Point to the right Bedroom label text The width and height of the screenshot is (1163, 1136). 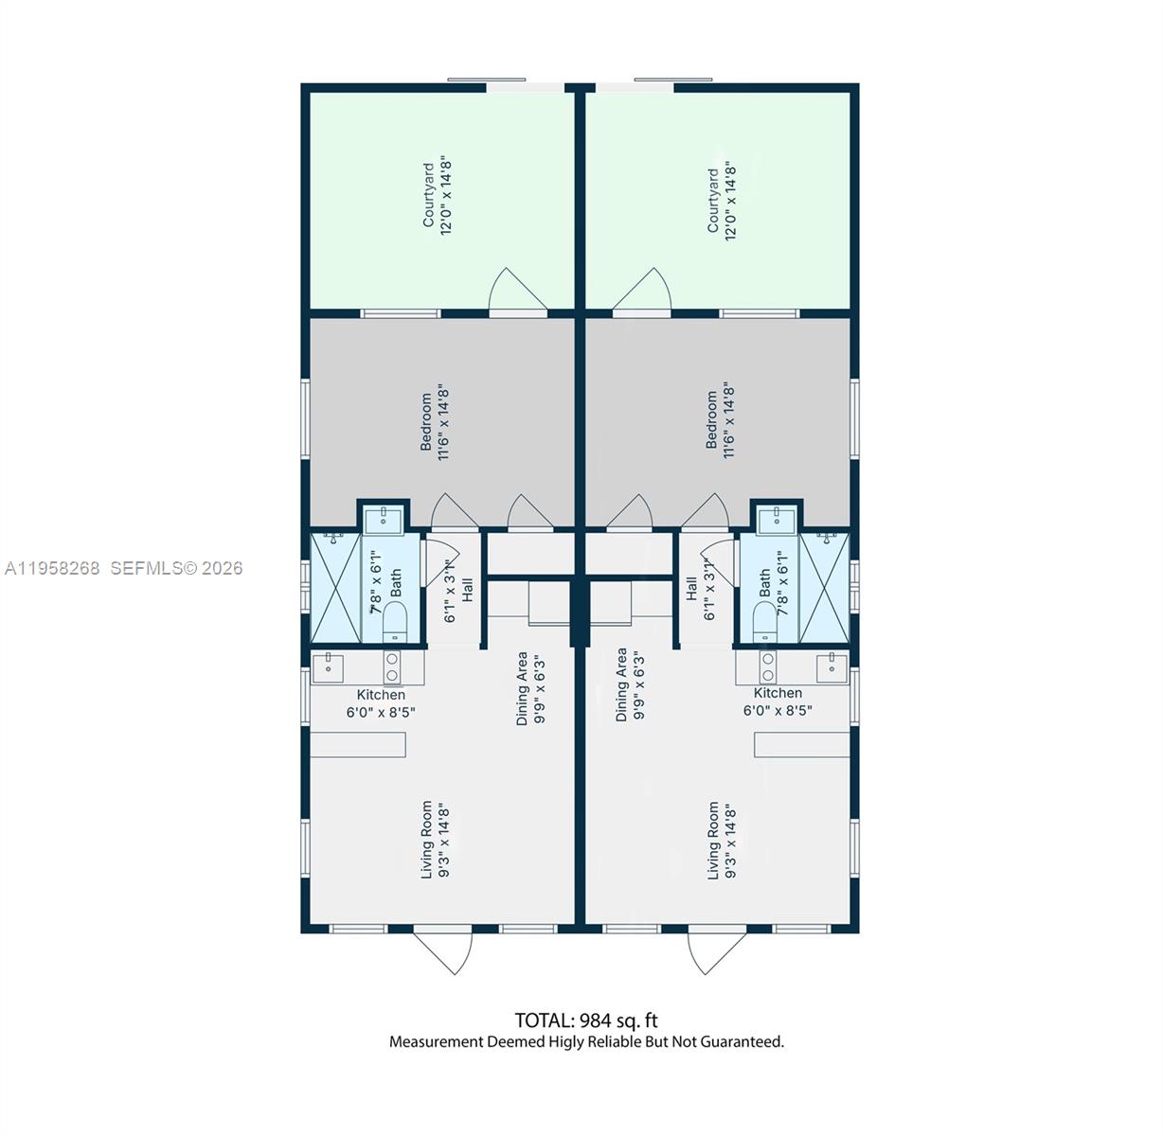click(720, 420)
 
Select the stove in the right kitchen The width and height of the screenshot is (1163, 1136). click(768, 666)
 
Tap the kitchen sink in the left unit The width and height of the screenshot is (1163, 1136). click(328, 667)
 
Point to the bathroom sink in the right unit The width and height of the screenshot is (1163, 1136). click(777, 518)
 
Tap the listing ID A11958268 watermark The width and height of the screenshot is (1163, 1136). click(52, 568)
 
